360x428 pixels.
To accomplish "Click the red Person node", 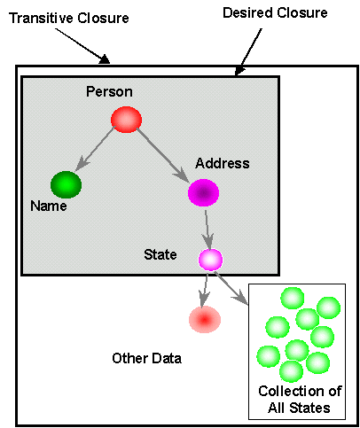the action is (126, 120).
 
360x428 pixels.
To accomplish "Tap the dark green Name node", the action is (66, 184).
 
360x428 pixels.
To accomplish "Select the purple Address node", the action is (203, 192).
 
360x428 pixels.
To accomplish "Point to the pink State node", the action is (210, 260).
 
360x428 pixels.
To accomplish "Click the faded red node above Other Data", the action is (205, 320).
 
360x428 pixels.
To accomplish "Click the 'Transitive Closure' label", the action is (69, 18).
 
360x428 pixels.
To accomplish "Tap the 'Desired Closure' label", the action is (275, 12).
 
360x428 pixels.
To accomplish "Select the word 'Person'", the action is (109, 91).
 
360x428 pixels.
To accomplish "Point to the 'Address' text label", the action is (223, 163).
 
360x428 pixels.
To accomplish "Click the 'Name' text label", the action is (49, 206).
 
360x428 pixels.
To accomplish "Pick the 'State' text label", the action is (160, 254).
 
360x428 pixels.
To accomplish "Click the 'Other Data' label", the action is (146, 358).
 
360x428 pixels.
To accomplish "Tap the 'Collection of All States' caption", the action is (300, 400).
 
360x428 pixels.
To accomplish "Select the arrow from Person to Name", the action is (95, 148).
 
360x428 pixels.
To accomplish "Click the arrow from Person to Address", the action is (163, 156).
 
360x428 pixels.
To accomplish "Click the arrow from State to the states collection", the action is (231, 288).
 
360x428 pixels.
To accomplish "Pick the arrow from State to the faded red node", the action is (205, 291).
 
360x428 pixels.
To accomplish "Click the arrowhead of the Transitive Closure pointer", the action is (105, 59).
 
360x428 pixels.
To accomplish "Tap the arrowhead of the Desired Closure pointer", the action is (239, 71).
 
